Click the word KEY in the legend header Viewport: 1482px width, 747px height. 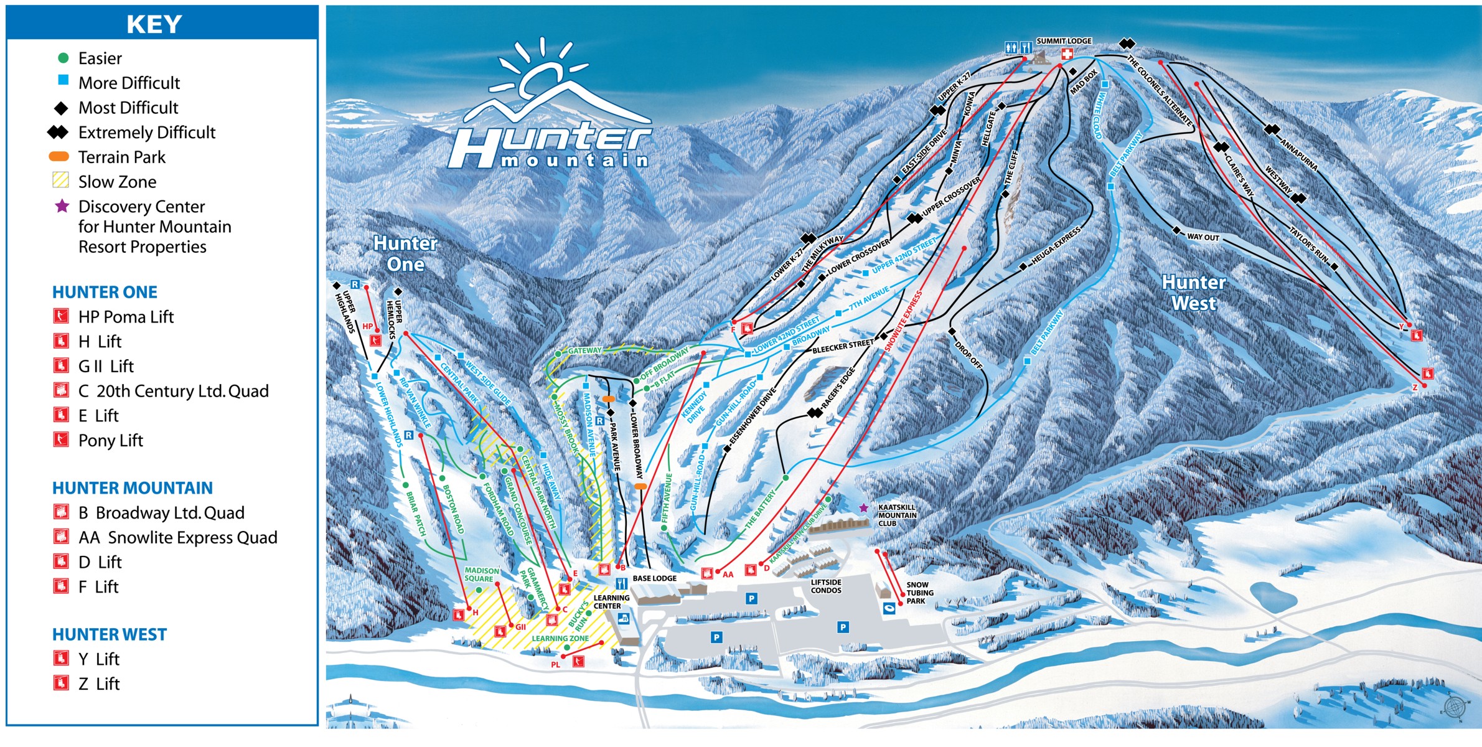click(154, 24)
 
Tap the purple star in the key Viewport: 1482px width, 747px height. click(62, 206)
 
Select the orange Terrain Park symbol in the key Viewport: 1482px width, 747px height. click(59, 157)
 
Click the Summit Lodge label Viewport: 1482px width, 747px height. click(1064, 41)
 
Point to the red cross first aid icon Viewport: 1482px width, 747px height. click(1067, 54)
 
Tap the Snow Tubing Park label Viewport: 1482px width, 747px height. click(919, 593)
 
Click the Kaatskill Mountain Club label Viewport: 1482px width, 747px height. click(897, 515)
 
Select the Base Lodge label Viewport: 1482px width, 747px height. click(654, 578)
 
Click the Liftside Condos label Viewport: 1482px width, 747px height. click(826, 586)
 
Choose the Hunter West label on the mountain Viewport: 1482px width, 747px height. click(1194, 293)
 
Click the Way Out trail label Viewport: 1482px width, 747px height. click(1203, 237)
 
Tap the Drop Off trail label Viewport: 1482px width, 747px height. click(968, 355)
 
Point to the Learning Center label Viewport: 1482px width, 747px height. click(611, 602)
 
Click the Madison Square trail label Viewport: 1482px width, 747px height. click(482, 575)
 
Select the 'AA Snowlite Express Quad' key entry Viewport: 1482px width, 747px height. click(177, 537)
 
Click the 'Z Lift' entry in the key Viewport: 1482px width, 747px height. click(98, 684)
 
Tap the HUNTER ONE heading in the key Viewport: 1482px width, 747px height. click(105, 292)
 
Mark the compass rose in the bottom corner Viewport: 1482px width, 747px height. click(1454, 707)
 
